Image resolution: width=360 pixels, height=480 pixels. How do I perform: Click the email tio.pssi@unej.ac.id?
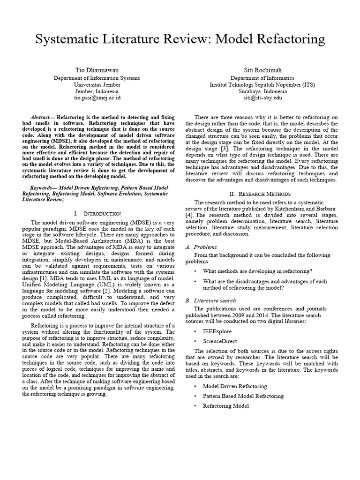(x=97, y=98)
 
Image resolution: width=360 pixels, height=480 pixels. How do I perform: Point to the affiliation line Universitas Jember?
(x=97, y=85)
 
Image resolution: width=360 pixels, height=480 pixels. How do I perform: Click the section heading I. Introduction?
(x=97, y=213)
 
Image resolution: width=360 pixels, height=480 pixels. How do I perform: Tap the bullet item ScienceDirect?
(x=220, y=341)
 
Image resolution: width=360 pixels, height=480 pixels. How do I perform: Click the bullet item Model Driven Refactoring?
(x=234, y=386)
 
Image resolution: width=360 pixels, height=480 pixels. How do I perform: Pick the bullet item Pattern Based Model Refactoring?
(x=243, y=396)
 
